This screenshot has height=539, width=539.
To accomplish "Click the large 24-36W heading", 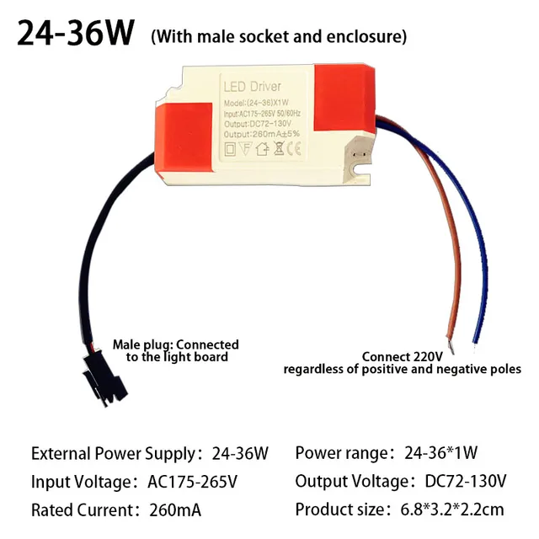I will click(76, 34).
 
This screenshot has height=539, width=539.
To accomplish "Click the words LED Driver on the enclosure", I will click(252, 86).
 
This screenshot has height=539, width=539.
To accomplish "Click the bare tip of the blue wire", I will click(476, 339).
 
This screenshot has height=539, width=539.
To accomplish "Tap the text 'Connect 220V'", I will click(402, 355).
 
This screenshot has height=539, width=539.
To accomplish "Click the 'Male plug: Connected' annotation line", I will click(176, 344).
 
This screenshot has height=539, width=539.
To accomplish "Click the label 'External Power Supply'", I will click(112, 453).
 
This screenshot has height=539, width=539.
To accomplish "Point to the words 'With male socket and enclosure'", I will click(279, 36).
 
